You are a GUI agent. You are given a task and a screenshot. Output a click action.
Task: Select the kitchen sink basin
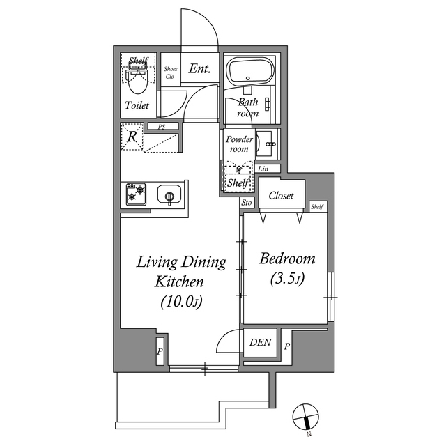169,195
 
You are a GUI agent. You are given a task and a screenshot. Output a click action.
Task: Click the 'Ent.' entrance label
200,70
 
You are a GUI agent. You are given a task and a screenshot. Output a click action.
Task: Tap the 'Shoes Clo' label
170,72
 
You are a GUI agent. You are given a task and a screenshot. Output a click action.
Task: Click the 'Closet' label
281,196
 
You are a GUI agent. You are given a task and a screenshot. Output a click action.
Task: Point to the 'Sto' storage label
246,203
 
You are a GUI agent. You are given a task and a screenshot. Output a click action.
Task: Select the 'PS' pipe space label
162,127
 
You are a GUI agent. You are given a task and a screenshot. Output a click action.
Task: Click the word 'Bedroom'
287,259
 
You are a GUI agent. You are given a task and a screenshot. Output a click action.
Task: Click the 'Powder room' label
238,144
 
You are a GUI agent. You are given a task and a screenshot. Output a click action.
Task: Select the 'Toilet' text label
136,106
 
